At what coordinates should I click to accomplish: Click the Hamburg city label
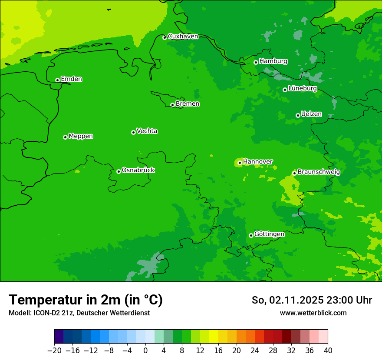point(273,61)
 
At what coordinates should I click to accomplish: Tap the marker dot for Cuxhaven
point(165,37)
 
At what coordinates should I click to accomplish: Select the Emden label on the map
point(71,79)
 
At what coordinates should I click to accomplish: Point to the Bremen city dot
point(172,105)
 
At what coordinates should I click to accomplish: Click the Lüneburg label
point(302,88)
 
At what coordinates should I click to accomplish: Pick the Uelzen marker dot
point(298,115)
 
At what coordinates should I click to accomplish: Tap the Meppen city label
point(81,136)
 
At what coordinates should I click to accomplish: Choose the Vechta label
point(147,131)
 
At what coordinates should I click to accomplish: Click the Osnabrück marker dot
point(119,171)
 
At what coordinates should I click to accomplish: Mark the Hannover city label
point(257,162)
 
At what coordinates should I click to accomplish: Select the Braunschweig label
point(319,172)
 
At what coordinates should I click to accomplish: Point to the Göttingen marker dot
point(251,235)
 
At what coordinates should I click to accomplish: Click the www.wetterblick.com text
point(313,313)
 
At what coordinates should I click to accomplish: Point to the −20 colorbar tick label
point(54,351)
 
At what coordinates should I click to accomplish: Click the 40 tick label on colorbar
point(328,351)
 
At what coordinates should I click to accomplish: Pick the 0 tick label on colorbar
point(145,351)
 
